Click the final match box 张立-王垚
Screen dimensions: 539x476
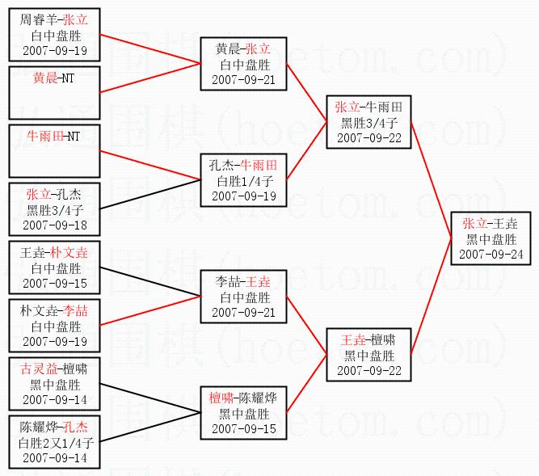pyautogui.click(x=492, y=238)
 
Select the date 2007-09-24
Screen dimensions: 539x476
pyautogui.click(x=492, y=254)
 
